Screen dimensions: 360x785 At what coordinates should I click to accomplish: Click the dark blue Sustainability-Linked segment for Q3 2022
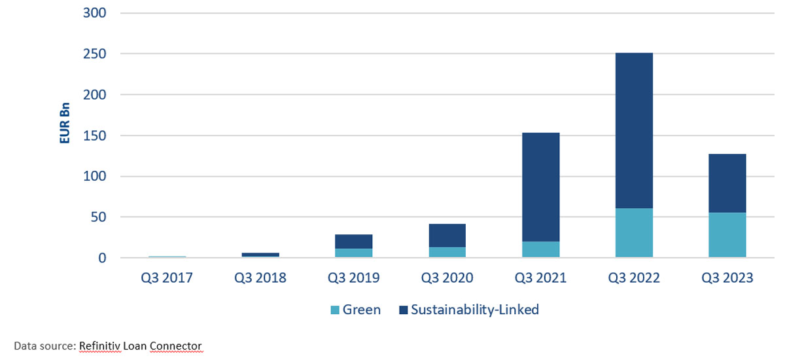(634, 131)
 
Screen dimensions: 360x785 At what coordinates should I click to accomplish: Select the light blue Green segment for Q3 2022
(634, 233)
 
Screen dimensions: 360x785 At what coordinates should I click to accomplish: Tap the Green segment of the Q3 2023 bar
(727, 235)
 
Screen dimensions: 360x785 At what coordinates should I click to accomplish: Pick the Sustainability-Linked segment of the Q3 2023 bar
(727, 183)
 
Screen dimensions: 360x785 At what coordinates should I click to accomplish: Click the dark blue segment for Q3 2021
(540, 187)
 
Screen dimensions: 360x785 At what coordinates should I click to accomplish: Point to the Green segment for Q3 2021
(540, 249)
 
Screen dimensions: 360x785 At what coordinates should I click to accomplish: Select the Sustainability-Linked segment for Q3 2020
(447, 236)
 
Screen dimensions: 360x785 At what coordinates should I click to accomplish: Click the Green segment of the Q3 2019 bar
(354, 253)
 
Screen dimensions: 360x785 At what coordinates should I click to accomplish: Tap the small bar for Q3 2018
(260, 255)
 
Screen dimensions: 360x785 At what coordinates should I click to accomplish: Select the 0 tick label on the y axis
(102, 258)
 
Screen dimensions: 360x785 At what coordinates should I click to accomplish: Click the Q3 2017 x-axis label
(167, 278)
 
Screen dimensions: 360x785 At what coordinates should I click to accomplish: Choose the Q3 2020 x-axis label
(447, 278)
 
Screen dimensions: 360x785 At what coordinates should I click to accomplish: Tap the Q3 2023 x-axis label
(727, 278)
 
